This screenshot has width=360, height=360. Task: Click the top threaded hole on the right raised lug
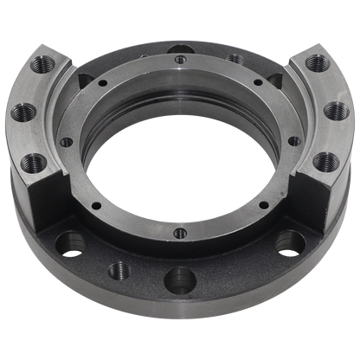click(317, 64)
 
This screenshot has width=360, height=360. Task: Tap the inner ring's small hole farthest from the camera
click(179, 60)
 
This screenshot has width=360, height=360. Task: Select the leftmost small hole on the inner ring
click(67, 138)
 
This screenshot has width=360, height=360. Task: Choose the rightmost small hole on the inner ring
click(293, 140)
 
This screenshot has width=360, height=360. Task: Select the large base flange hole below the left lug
click(73, 242)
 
